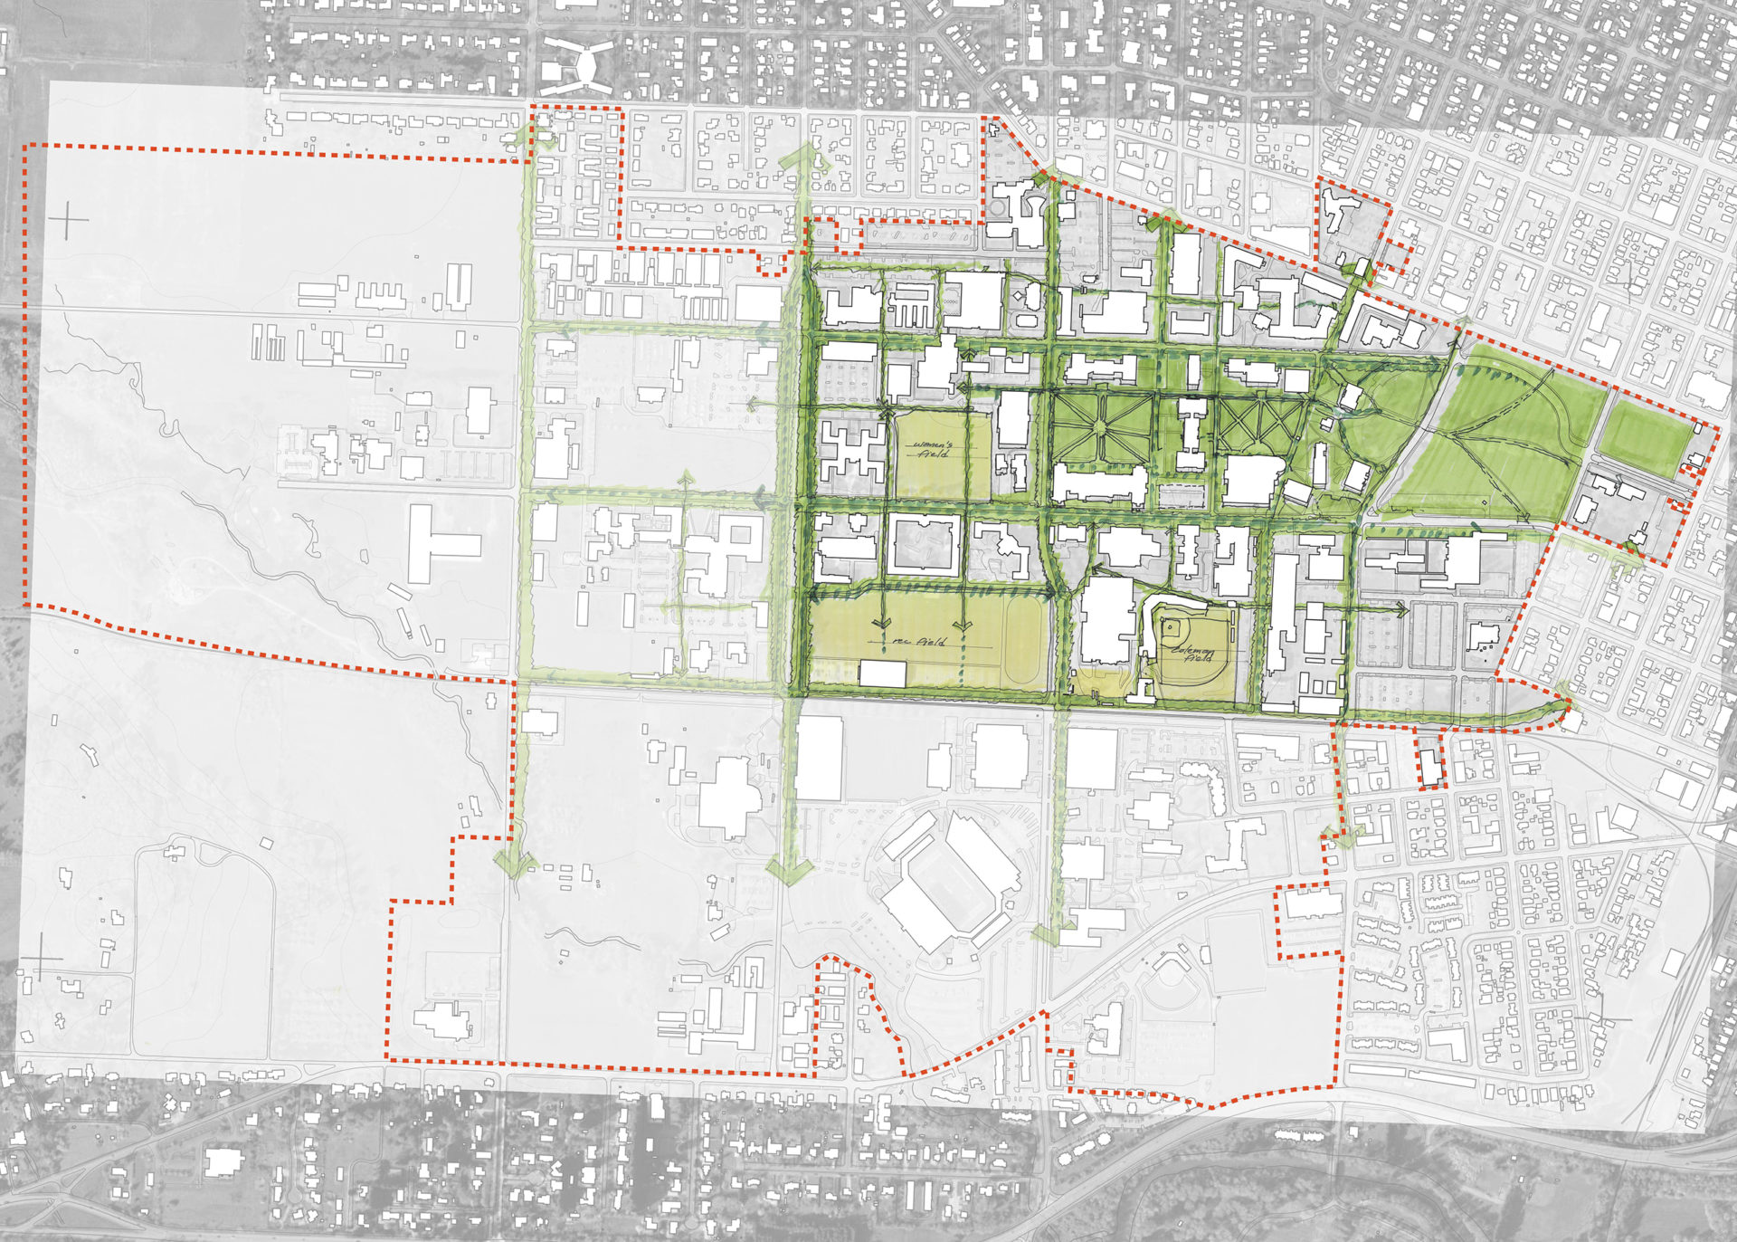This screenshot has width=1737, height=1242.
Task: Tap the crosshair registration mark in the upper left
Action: pos(70,220)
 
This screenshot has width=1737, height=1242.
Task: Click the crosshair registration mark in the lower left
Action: pos(42,958)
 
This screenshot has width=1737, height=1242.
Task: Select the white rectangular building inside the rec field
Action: pos(882,674)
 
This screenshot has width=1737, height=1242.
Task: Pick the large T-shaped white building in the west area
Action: pos(439,544)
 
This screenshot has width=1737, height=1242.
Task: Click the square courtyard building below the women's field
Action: pos(923,546)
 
